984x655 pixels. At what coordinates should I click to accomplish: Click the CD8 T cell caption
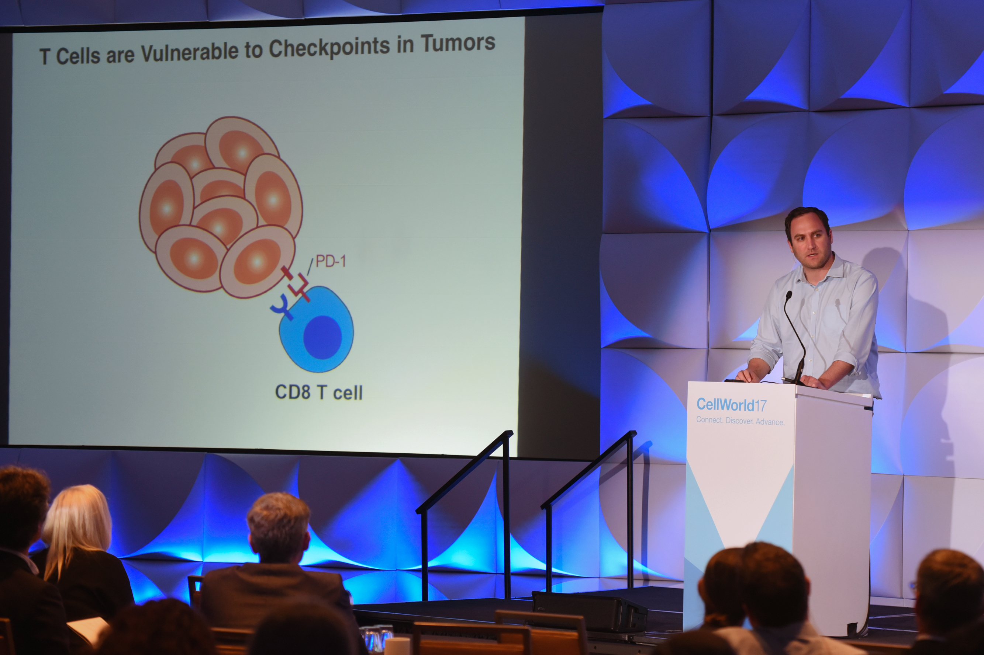[318, 392]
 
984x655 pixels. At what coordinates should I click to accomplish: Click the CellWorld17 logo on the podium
[732, 404]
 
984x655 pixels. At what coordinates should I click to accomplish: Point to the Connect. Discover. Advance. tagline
[740, 421]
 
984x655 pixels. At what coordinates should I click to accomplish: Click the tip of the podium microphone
[788, 295]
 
